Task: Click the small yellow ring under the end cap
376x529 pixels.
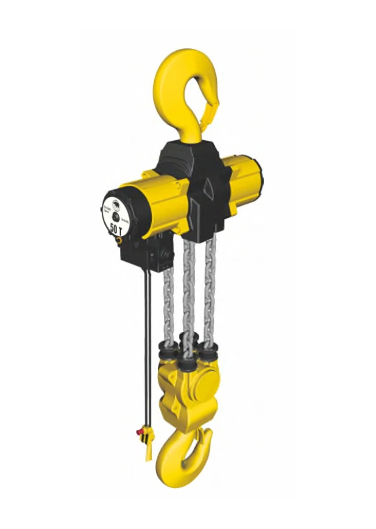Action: pos(119,240)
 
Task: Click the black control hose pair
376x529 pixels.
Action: pos(148,339)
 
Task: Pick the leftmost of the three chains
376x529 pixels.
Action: pos(168,301)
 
